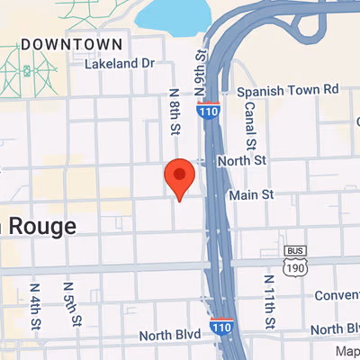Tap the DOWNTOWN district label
coord(71,43)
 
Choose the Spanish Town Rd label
coord(287,90)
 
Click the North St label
coord(247,160)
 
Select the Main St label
coord(251,194)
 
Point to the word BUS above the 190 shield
coord(294,250)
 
